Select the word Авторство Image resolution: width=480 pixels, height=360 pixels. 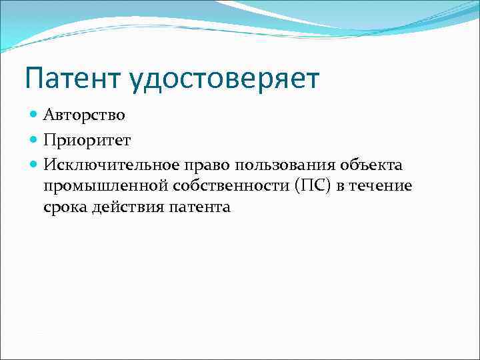tap(84, 115)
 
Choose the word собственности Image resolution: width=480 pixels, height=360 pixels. tap(224, 186)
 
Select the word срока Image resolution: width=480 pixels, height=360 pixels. tap(65, 208)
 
